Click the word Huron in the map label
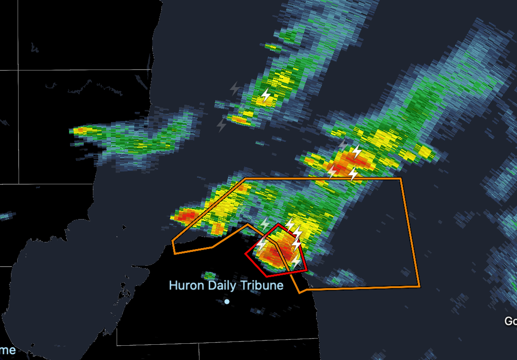click(183, 286)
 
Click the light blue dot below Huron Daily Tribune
click(227, 301)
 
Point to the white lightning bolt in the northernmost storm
click(266, 96)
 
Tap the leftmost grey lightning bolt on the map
click(221, 125)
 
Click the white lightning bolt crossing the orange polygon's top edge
click(353, 174)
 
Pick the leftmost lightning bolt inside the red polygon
click(261, 245)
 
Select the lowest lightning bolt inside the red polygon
click(296, 261)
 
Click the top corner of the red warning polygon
click(278, 224)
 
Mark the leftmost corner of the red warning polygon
click(246, 254)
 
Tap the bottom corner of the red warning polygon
click(268, 276)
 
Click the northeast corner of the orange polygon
click(401, 179)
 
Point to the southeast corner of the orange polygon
click(420, 286)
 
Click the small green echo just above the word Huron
click(209, 275)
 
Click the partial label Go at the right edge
click(510, 321)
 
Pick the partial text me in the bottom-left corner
click(8, 350)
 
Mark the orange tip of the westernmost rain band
click(79, 130)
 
